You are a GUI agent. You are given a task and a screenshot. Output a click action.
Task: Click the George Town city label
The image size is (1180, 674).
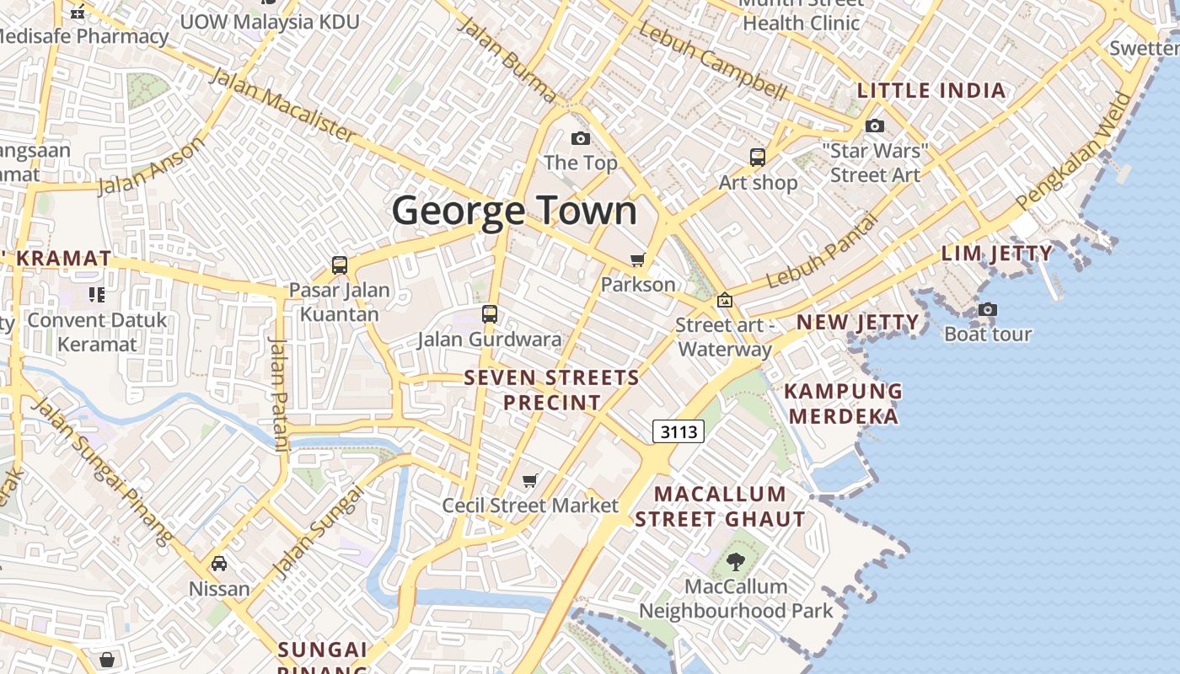tap(514, 211)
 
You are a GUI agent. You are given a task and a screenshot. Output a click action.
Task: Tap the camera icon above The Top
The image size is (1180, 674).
tap(581, 138)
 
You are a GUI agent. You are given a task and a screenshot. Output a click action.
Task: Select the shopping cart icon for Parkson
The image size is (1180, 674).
tap(638, 260)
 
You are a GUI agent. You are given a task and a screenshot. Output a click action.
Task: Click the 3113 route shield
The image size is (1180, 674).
tap(678, 432)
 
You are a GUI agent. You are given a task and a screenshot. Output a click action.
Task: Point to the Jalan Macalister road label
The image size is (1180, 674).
tap(282, 104)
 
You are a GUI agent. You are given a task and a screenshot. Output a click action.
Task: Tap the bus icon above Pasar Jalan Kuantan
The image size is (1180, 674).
tap(340, 265)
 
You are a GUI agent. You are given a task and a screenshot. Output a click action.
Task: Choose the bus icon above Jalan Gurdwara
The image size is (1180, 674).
tap(490, 314)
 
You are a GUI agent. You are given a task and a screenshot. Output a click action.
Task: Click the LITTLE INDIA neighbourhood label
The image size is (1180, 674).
tap(931, 91)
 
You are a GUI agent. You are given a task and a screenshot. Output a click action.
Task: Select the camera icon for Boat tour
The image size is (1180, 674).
tap(988, 310)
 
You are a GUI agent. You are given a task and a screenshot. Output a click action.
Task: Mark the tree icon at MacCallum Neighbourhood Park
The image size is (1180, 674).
tap(736, 561)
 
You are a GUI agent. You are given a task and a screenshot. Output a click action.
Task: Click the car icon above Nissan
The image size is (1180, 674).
tap(219, 563)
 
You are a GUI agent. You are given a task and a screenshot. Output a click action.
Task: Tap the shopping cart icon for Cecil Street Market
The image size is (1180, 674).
tap(530, 480)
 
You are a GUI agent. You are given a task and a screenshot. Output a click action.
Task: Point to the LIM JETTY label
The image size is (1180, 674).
tap(997, 254)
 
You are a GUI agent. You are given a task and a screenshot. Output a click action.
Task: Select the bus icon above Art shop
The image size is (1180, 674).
tap(758, 157)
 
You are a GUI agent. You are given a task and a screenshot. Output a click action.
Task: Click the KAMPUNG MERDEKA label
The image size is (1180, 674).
tap(843, 404)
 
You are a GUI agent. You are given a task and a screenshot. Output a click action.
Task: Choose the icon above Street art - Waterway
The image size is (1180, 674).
tap(724, 300)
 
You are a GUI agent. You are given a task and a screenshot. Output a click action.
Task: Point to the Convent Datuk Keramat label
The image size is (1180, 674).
tap(97, 332)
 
